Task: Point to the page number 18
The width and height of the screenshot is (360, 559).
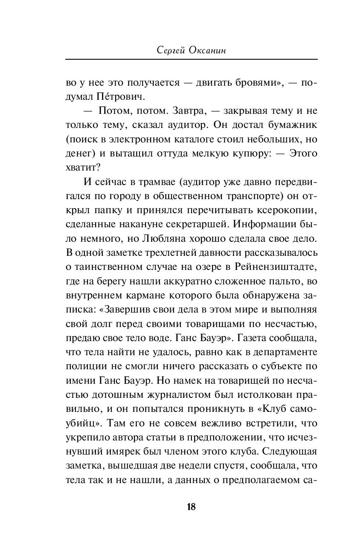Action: [191, 507]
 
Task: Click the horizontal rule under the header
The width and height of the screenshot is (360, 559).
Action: [191, 59]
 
